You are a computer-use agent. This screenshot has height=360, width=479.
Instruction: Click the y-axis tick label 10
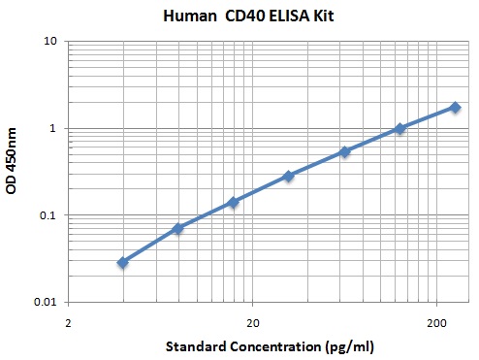click(50, 42)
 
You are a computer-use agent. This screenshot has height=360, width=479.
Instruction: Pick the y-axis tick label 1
click(54, 129)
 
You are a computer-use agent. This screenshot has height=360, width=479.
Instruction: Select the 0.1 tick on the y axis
click(48, 215)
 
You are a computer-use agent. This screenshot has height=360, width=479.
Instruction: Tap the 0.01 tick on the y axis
click(46, 302)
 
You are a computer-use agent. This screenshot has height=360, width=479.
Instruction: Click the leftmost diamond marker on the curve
click(123, 262)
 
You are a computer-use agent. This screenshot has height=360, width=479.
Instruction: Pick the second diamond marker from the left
click(178, 228)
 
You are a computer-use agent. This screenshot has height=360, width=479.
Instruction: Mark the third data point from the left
click(234, 202)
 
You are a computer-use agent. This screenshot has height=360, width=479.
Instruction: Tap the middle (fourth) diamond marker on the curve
click(289, 176)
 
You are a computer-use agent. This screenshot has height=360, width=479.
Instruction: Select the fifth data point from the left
click(344, 151)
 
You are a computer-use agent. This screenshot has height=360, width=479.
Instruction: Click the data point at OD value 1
click(399, 128)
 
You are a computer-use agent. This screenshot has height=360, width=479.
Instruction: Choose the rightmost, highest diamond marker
click(455, 107)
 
